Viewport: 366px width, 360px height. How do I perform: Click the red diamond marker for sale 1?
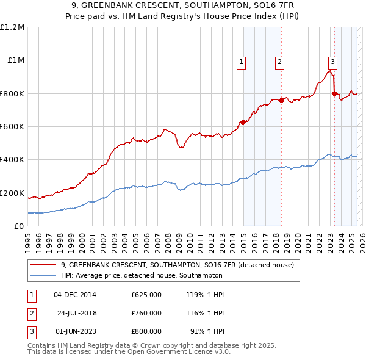(243, 122)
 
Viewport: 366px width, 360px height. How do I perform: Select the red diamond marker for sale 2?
(282, 100)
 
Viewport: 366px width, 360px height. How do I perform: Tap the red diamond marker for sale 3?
(334, 93)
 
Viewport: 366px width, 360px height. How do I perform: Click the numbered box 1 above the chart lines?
(242, 61)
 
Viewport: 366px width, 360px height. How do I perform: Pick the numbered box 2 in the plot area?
(279, 61)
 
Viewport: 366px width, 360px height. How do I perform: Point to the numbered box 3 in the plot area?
(332, 61)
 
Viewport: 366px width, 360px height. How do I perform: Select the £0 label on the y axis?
(19, 226)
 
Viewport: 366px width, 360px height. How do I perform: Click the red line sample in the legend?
(44, 265)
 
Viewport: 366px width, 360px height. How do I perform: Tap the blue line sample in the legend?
(44, 275)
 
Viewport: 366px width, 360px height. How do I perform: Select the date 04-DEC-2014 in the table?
(75, 295)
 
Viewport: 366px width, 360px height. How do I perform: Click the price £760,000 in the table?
(146, 313)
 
